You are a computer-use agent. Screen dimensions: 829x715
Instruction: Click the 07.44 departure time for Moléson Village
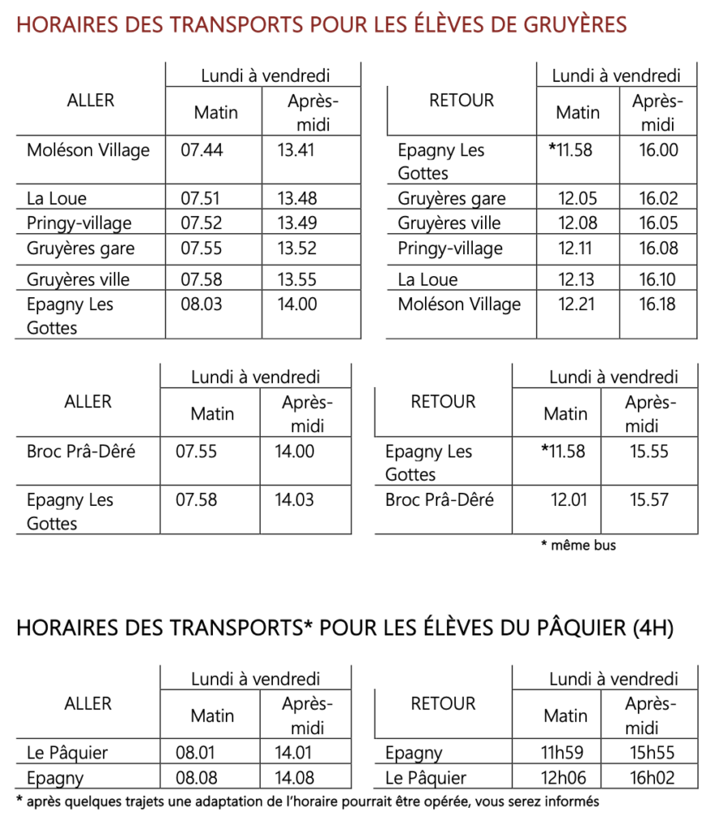click(202, 150)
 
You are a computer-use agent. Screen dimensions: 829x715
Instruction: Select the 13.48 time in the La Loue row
click(296, 198)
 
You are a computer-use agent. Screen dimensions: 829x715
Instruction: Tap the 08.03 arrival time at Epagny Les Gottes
click(202, 304)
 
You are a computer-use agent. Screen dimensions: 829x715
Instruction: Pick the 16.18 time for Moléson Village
click(658, 304)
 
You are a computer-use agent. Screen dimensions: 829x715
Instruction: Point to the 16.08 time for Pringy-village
click(658, 248)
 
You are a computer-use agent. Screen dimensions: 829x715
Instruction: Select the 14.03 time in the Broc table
click(295, 500)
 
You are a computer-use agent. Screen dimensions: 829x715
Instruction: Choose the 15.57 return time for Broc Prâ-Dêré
click(649, 500)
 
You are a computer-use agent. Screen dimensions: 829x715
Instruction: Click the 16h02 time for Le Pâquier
click(652, 778)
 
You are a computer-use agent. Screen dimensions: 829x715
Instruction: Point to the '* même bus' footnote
click(578, 545)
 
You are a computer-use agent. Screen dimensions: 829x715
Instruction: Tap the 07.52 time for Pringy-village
click(202, 223)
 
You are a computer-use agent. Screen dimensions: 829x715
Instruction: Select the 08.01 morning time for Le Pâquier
click(195, 753)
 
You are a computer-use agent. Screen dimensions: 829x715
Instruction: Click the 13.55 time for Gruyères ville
click(296, 280)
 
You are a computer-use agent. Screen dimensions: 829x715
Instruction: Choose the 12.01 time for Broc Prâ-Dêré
click(568, 500)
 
